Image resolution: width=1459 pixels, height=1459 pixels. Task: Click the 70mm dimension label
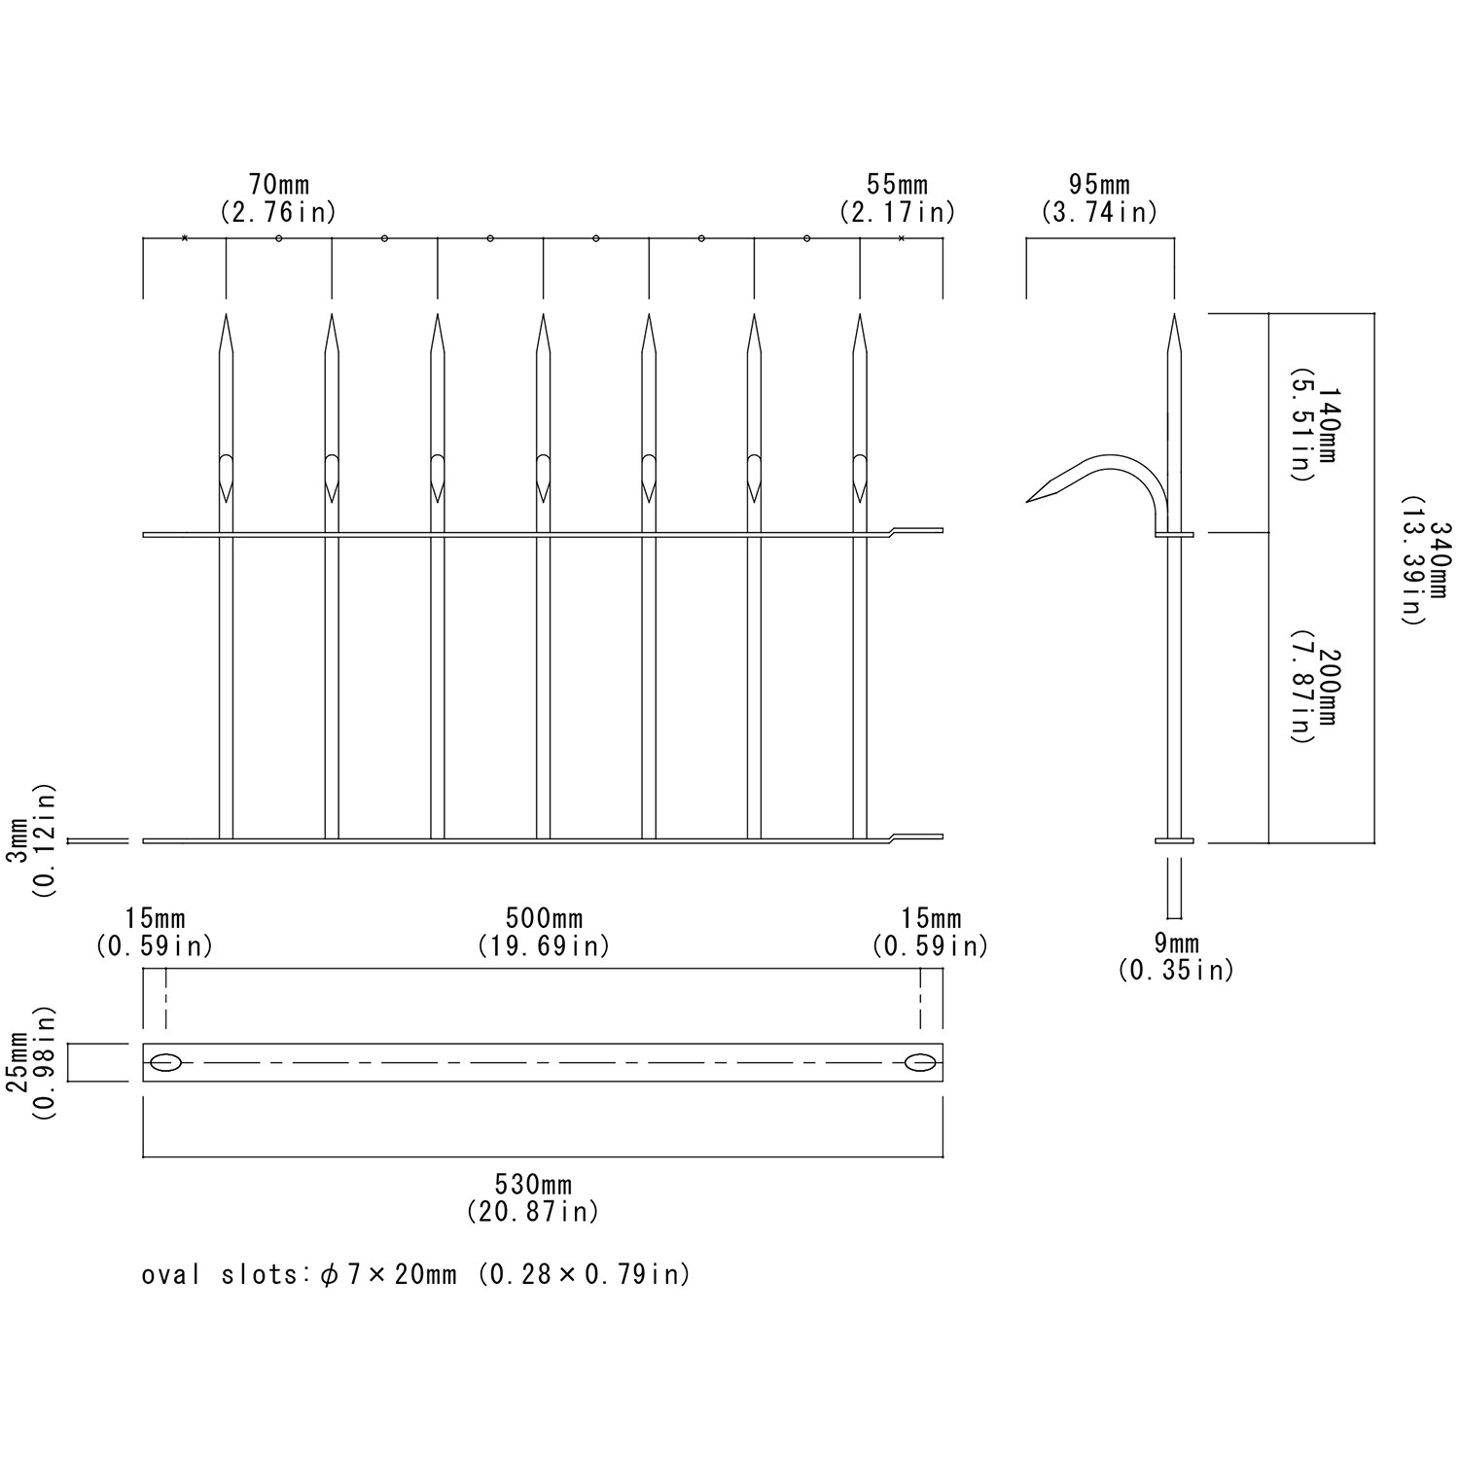click(x=279, y=185)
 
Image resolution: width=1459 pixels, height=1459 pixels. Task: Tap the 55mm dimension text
click(x=897, y=185)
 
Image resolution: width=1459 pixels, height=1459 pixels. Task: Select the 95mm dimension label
click(x=1099, y=185)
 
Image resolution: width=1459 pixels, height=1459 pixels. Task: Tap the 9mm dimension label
click(x=1176, y=943)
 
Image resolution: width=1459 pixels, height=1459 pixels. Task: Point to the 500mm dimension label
click(x=544, y=919)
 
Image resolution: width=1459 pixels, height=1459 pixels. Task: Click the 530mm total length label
click(x=533, y=1185)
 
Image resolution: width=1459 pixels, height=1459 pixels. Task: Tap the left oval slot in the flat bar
click(x=166, y=1063)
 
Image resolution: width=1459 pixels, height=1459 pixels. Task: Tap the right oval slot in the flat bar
click(x=919, y=1063)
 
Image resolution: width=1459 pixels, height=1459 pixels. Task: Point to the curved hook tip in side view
click(x=1030, y=501)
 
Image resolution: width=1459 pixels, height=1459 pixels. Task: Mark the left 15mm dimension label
click(x=155, y=919)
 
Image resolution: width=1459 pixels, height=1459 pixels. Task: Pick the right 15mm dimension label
click(x=931, y=919)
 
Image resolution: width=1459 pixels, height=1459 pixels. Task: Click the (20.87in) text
click(x=533, y=1212)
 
